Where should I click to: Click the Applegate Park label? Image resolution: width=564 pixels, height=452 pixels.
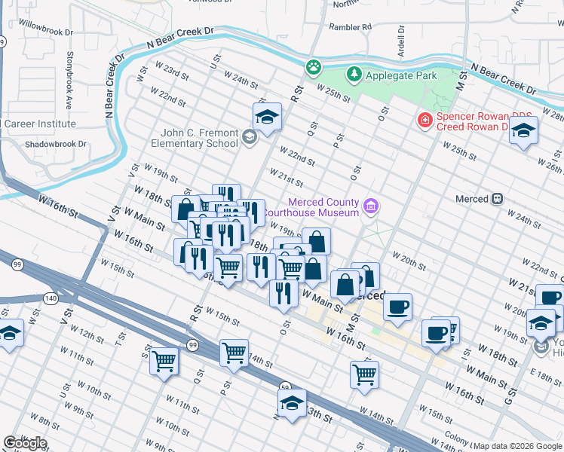coord(391,75)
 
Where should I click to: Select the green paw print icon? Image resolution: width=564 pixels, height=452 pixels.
coord(313,68)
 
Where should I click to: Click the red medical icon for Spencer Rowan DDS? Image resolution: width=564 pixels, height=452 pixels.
coord(425,120)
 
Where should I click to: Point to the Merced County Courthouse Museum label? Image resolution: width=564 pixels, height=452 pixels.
coord(322,207)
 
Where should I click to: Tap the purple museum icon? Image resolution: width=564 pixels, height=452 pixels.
coord(370,206)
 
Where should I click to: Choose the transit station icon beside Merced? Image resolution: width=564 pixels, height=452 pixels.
coord(497,199)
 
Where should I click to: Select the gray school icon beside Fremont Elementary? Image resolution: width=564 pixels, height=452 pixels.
coord(250,136)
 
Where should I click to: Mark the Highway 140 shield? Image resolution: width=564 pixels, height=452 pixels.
coord(51,298)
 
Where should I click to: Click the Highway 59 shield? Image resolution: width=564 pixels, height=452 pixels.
coord(286,387)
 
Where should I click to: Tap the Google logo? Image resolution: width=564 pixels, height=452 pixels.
coord(25,442)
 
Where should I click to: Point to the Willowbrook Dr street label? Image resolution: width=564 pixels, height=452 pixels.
coord(47,33)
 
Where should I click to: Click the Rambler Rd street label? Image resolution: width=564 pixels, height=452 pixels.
coord(352,26)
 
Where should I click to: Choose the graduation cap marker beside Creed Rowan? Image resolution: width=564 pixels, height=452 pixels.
coord(523,130)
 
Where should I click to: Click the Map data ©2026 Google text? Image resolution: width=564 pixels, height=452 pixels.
coord(517,446)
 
